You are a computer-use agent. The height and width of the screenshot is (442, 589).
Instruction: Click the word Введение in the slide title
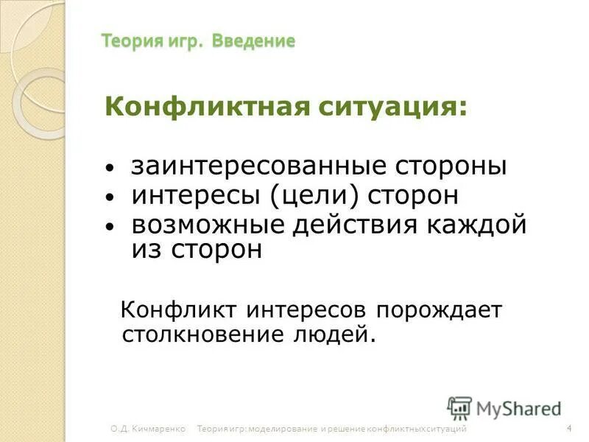pyautogui.click(x=254, y=41)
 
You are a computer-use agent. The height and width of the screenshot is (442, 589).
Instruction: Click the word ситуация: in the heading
pyautogui.click(x=393, y=108)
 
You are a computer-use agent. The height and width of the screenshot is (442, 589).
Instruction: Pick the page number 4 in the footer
pyautogui.click(x=570, y=429)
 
